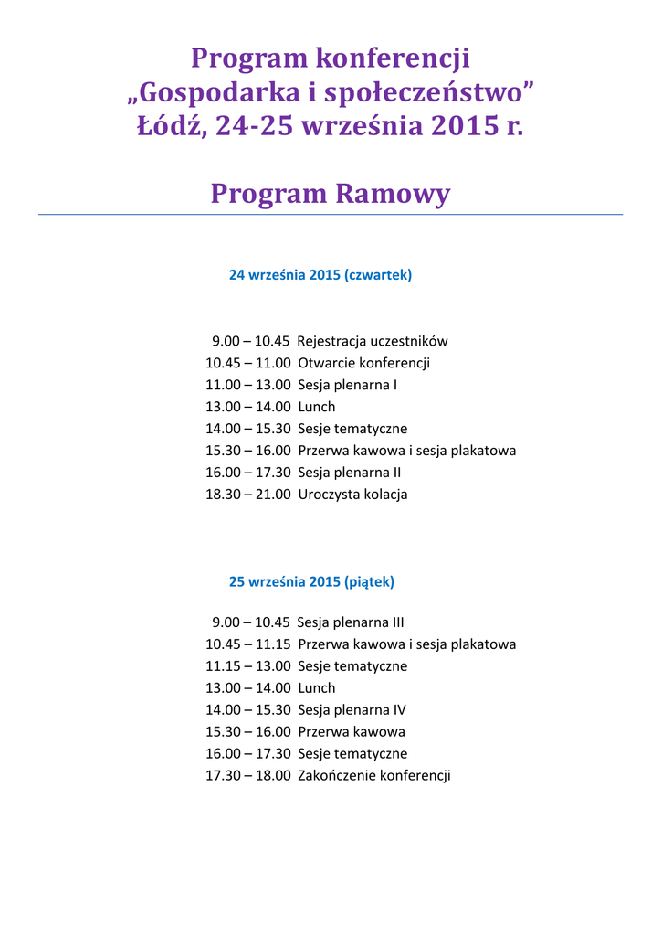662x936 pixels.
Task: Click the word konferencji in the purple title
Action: click(393, 59)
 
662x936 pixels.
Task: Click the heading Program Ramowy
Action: click(331, 194)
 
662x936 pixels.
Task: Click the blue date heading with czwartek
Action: click(320, 275)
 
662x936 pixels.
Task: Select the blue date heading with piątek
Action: click(311, 581)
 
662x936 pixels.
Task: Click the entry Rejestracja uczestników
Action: click(373, 341)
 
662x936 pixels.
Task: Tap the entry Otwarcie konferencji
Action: click(363, 363)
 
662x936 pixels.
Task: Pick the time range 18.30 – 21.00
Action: click(248, 495)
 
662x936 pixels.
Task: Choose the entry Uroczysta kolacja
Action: click(352, 495)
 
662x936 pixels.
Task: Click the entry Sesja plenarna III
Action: click(351, 622)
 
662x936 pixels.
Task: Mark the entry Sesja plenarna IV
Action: click(352, 710)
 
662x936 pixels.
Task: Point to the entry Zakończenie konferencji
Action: click(374, 776)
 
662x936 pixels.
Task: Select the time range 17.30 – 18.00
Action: click(248, 776)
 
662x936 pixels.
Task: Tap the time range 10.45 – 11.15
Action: click(248, 644)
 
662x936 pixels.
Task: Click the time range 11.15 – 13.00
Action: click(248, 666)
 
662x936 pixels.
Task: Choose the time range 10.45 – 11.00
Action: click(248, 363)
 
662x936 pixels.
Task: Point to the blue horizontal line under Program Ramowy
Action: click(331, 215)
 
